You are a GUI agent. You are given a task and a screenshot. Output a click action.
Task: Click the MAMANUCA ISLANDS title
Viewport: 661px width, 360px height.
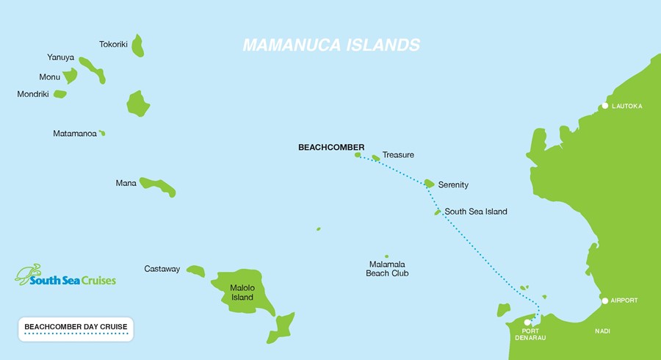tap(331, 45)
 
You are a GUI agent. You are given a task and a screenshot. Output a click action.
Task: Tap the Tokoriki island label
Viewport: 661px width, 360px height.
tap(113, 45)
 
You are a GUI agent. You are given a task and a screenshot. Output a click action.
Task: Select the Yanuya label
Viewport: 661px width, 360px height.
tap(60, 57)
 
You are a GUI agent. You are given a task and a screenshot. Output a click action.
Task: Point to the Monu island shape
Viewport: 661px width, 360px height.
tap(70, 76)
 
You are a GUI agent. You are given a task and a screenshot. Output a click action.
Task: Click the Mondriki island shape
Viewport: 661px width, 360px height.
tap(60, 94)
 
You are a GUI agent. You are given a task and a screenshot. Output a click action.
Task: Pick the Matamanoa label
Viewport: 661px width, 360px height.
tap(74, 134)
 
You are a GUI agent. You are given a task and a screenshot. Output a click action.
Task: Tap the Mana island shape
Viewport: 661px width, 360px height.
tap(158, 185)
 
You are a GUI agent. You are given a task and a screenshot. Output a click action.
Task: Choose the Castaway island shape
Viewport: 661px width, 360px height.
tap(195, 271)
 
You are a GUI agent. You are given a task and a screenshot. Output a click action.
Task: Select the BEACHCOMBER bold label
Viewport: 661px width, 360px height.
tap(331, 147)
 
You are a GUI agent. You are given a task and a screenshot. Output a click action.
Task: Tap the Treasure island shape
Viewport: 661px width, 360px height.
tap(376, 157)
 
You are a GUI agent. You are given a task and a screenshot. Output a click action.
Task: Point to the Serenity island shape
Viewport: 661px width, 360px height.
tap(429, 183)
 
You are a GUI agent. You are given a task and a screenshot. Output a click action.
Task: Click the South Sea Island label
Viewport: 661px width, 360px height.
tap(476, 212)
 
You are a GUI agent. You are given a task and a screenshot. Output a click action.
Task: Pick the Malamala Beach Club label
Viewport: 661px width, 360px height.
tap(387, 268)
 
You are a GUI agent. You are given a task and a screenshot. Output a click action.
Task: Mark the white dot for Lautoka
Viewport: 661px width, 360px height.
tap(604, 107)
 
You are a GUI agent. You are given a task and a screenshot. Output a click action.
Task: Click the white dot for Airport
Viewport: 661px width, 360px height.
tap(604, 300)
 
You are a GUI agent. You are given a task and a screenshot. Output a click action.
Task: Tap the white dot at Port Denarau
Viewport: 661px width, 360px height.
tap(527, 322)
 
